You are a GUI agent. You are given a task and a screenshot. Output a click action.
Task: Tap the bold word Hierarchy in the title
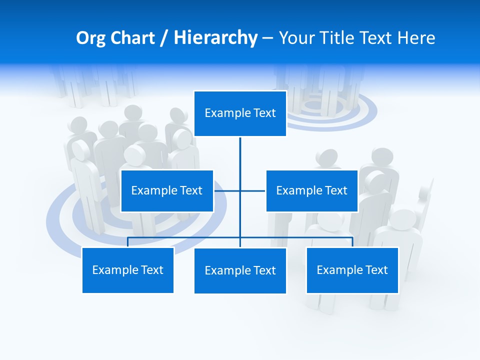[215, 38]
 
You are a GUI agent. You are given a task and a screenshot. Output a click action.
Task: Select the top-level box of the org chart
[240, 113]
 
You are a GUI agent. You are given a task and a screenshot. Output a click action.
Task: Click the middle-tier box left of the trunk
[167, 190]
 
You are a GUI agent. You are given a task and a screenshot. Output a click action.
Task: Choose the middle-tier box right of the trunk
[311, 190]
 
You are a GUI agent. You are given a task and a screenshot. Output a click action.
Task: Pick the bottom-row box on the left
[128, 270]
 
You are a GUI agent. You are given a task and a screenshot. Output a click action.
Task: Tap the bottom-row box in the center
[240, 270]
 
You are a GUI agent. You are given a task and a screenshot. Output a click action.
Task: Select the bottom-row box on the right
[352, 270]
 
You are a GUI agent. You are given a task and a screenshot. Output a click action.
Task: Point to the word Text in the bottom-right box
[376, 270]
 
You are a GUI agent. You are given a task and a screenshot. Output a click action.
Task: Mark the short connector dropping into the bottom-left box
[128, 242]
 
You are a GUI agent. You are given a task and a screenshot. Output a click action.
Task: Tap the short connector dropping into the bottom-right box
[352, 242]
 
